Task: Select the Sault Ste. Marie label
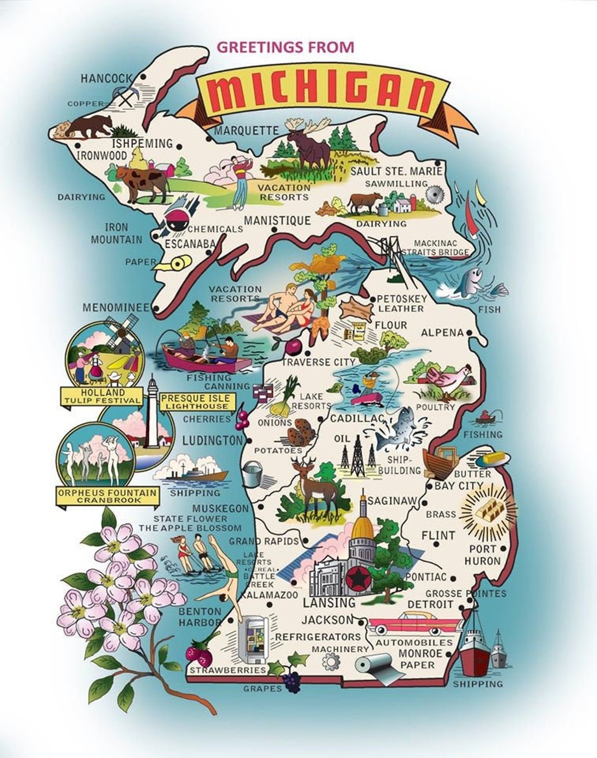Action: coord(396,171)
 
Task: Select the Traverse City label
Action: coord(318,362)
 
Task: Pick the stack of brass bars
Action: coord(487,507)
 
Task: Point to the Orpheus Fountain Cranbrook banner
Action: coord(107,496)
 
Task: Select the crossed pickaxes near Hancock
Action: coord(126,96)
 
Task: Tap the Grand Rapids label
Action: coord(263,541)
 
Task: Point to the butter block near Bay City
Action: coord(494,459)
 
